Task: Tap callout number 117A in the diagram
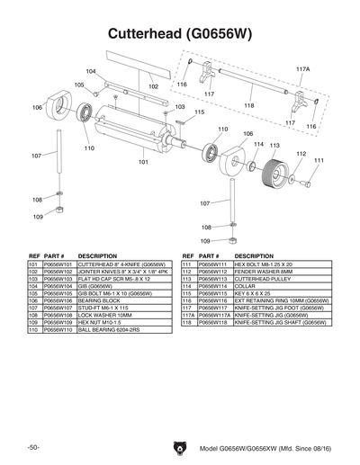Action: pyautogui.click(x=302, y=69)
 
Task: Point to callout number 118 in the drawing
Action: pyautogui.click(x=248, y=105)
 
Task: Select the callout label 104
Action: pyautogui.click(x=91, y=71)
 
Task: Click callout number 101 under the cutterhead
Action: pyautogui.click(x=142, y=162)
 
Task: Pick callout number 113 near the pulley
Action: pyautogui.click(x=274, y=145)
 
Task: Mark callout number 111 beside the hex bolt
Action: pyautogui.click(x=318, y=160)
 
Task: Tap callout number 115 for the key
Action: pyautogui.click(x=199, y=112)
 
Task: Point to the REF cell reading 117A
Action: pyautogui.click(x=188, y=316)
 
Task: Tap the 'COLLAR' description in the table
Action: pyautogui.click(x=244, y=287)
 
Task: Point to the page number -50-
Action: pyautogui.click(x=32, y=447)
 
